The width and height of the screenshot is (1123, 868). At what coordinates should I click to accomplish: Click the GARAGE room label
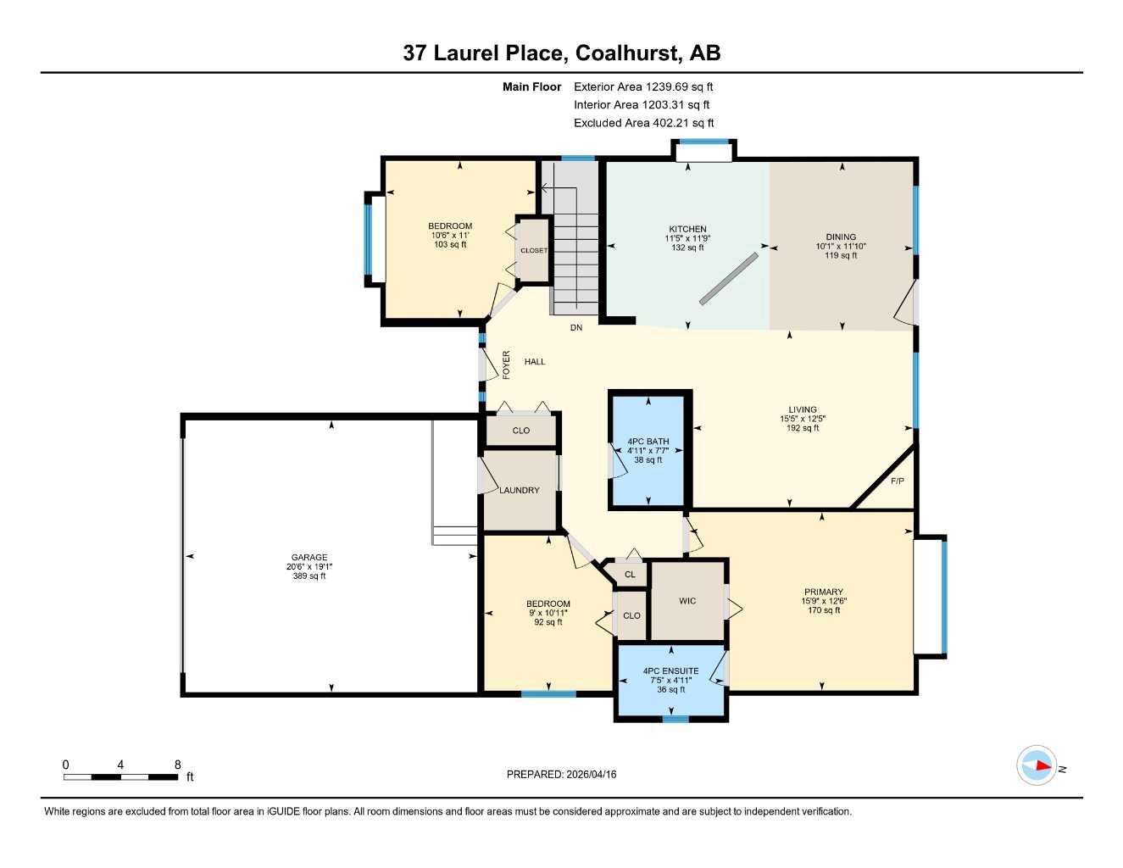pos(309,557)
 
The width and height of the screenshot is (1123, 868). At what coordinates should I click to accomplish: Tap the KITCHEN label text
pos(687,229)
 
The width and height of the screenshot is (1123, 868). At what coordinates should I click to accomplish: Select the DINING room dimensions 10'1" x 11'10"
pos(841,247)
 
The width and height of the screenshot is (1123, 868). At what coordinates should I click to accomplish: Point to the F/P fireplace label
pos(898,481)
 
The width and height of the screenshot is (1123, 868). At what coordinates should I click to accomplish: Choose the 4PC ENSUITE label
pos(670,671)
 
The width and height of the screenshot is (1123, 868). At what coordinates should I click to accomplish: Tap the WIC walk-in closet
pos(687,601)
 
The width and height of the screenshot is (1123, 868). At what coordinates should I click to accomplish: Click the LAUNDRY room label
pos(520,490)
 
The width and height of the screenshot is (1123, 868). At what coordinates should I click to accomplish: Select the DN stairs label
pos(576,327)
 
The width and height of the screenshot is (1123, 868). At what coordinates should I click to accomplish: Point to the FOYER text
pos(507,364)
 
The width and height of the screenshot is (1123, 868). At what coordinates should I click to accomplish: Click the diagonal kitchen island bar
pos(729,279)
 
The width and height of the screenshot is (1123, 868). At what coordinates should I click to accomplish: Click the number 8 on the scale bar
pos(178,765)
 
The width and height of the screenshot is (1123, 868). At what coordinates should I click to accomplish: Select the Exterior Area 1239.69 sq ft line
pos(643,86)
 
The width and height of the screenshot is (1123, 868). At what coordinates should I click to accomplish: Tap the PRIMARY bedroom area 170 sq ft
pos(824,610)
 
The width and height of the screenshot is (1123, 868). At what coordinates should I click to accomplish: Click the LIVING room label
pos(803,409)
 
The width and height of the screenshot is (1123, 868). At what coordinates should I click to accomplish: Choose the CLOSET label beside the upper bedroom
pos(534,251)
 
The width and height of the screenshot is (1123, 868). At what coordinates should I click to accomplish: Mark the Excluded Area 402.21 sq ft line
pos(644,123)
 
